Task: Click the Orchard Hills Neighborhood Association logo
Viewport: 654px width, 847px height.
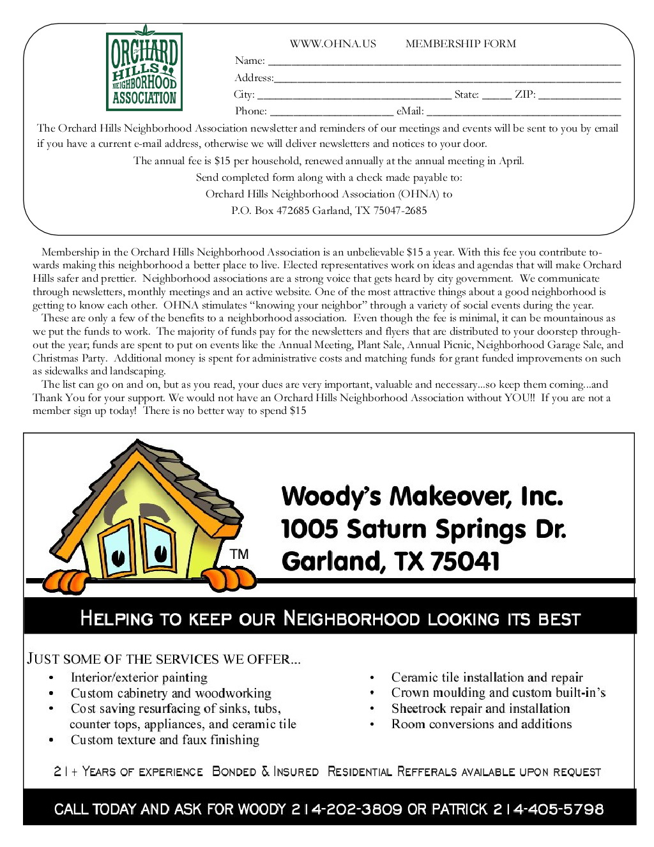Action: [x=144, y=68]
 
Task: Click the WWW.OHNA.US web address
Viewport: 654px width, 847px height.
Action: [x=333, y=44]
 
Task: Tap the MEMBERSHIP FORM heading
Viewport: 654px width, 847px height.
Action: [x=460, y=44]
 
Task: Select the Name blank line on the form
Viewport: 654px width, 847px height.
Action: [x=444, y=63]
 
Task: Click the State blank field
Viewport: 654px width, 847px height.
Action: [x=496, y=96]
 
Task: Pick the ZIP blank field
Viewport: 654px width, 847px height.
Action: [x=579, y=96]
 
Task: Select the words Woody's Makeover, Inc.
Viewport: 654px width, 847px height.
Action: [x=422, y=496]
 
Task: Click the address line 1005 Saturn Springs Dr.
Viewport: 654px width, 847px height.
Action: [x=423, y=530]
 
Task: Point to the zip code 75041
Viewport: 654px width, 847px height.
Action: [x=465, y=561]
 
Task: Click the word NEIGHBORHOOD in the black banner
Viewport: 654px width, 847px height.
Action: [x=351, y=618]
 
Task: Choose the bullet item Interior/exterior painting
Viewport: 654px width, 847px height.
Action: [x=139, y=677]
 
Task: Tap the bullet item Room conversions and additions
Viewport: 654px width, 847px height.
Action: [x=481, y=724]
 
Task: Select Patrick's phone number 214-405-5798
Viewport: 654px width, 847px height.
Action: [x=548, y=809]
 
